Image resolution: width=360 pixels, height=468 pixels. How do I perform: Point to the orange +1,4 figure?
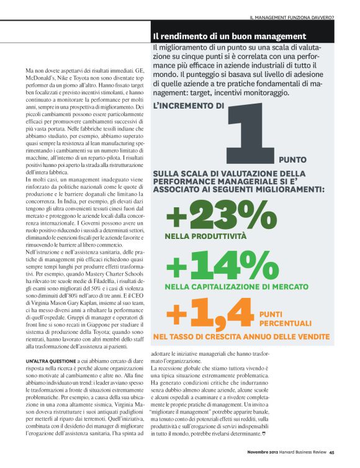pyautogui.click(x=211, y=314)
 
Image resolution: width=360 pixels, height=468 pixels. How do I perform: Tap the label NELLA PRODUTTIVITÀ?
pyautogui.click(x=197, y=236)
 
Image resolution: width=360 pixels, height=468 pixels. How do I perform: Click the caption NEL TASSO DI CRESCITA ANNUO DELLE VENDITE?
pyautogui.click(x=240, y=336)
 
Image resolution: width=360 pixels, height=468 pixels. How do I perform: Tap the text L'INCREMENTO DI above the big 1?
pyautogui.click(x=188, y=106)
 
